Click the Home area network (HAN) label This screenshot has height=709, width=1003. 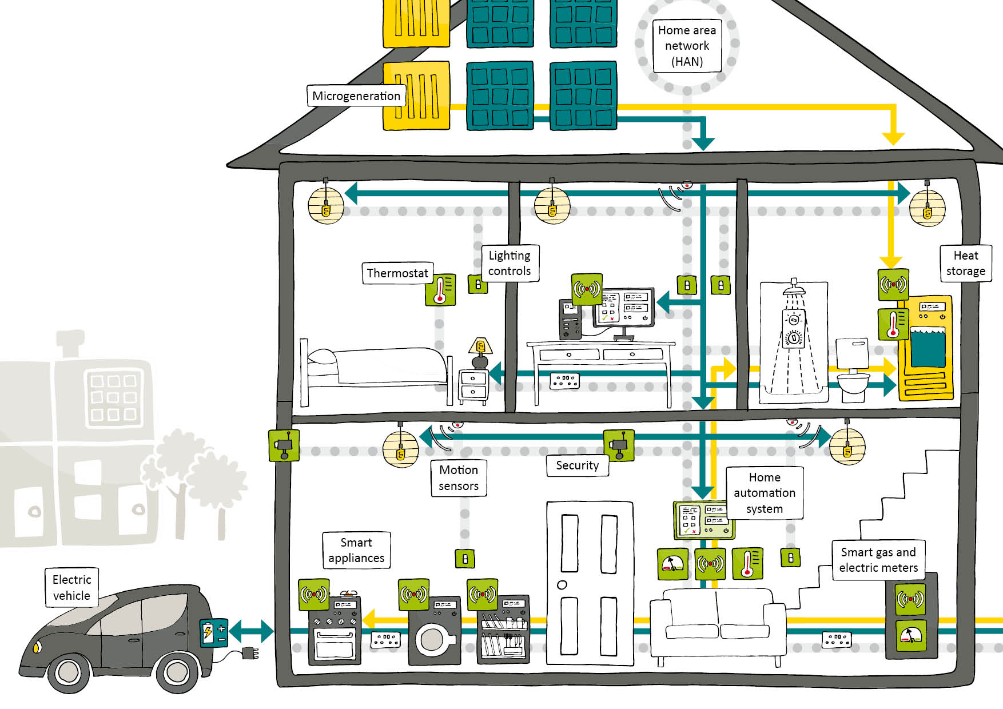click(x=687, y=46)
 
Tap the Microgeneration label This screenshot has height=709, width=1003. click(x=356, y=96)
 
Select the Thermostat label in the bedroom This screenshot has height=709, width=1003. click(x=397, y=273)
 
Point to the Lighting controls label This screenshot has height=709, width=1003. click(x=510, y=263)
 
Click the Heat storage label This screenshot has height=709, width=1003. click(x=965, y=263)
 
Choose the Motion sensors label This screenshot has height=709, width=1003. click(x=459, y=478)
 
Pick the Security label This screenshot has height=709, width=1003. click(x=577, y=465)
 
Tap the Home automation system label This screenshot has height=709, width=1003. click(x=764, y=493)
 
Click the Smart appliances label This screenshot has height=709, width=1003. click(x=356, y=550)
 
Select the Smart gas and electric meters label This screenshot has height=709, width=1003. click(x=878, y=560)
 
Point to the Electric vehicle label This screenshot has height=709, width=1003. click(x=71, y=587)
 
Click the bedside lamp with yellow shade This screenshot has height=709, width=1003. click(x=480, y=346)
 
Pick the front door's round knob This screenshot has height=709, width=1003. click(x=562, y=584)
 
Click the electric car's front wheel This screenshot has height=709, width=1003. click(x=68, y=672)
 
